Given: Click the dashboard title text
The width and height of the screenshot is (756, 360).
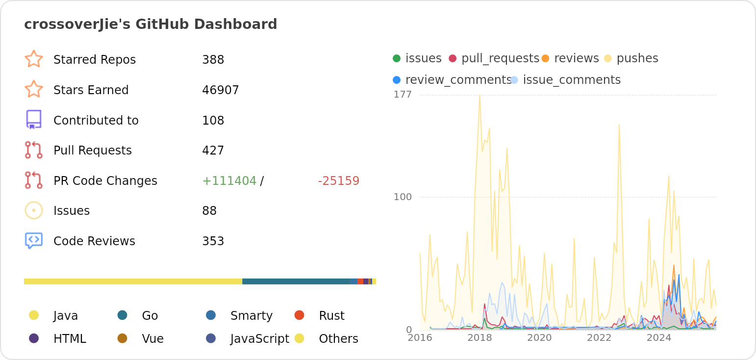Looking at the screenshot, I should coord(151,24).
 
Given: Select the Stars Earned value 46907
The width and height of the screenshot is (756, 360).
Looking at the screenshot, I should coord(220,90).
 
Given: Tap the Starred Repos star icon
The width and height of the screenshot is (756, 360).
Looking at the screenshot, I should coord(34,59).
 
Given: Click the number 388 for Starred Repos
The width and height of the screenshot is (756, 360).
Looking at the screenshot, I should coord(213,60).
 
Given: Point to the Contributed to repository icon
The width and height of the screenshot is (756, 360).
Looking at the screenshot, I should coord(34,120).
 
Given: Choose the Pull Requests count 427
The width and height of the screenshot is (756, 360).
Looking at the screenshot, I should coord(213,151).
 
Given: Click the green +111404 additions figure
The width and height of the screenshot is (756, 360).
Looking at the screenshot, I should coord(229,181).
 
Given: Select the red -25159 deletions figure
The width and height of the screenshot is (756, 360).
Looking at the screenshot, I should coord(338,181).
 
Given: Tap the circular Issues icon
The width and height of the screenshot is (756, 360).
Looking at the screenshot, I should coord(34,210).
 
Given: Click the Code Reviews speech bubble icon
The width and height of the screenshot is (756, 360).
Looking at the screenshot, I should coord(34,240).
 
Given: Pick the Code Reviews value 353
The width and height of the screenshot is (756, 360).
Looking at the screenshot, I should coord(213,241).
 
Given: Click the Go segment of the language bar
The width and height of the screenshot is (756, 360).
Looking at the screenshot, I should coord(296,282).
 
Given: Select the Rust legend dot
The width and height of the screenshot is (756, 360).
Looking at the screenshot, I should coord(299,315).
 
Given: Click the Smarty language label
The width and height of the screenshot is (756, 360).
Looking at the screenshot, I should coord(251,316).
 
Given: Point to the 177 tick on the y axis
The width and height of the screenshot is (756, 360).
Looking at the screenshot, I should coord(403,95).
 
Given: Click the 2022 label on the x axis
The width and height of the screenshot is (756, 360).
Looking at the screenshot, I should coord(599,337).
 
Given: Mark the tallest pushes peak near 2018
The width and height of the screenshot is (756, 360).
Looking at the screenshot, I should coord(479,96).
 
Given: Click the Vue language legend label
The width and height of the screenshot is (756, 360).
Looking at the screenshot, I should coord(152,339).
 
